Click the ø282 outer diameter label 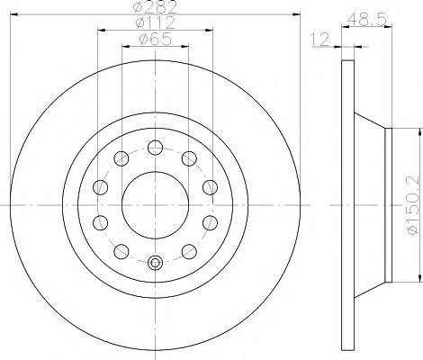point(155,6)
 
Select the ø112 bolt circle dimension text point(155,22)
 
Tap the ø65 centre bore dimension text point(155,39)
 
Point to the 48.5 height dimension point(366,20)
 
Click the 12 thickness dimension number point(319,40)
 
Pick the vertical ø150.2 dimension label point(412,205)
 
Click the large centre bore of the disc point(155,205)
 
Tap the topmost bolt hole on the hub point(155,148)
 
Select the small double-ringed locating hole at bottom point(155,263)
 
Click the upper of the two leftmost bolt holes point(100,187)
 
